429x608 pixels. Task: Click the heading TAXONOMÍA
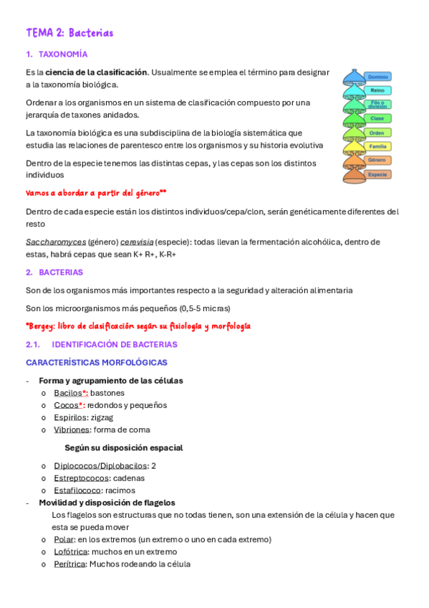click(x=63, y=54)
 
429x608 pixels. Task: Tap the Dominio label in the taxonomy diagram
click(x=377, y=77)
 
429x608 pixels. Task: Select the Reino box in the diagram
click(x=377, y=90)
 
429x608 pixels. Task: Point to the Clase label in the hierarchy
click(x=377, y=118)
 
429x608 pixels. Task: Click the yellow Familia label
click(x=377, y=146)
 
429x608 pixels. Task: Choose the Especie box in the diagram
click(x=377, y=174)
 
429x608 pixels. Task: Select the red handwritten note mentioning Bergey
click(x=138, y=326)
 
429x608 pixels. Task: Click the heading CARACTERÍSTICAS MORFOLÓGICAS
click(x=97, y=362)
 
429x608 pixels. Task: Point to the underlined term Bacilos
click(x=68, y=393)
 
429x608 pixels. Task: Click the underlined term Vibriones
click(x=72, y=429)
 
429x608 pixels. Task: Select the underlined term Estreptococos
click(x=81, y=478)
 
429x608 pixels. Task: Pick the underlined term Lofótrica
click(x=70, y=551)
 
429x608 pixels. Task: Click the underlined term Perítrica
click(x=69, y=564)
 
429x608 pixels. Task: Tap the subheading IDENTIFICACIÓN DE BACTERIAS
click(x=115, y=344)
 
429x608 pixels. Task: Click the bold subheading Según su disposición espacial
click(x=123, y=447)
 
